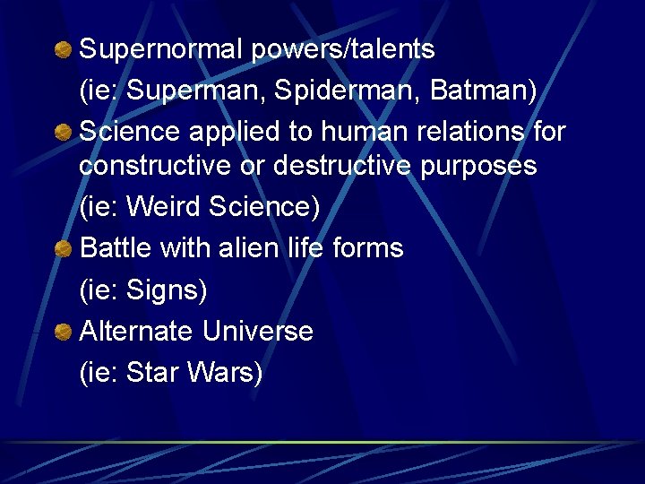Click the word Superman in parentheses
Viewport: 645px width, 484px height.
[x=196, y=91]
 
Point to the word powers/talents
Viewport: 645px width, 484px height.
[x=343, y=49]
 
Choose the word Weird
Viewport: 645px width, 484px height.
[x=164, y=207]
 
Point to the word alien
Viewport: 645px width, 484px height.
[x=254, y=248]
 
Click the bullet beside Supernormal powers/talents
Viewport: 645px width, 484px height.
[x=63, y=49]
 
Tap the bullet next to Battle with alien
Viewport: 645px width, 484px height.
[x=63, y=249]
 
